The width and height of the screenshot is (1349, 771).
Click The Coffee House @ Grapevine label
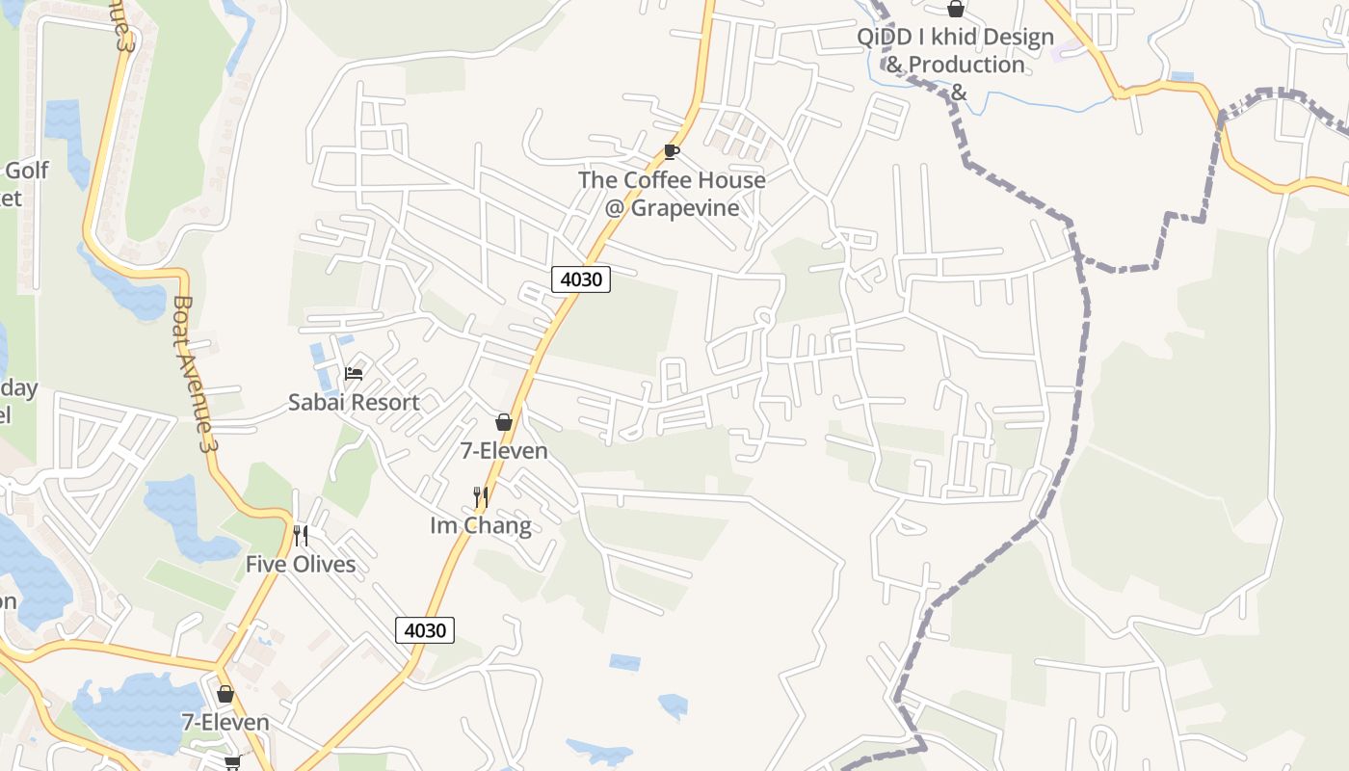(x=672, y=194)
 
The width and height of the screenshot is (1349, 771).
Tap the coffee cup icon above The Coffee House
(x=672, y=151)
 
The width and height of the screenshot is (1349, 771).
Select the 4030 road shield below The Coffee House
(x=581, y=279)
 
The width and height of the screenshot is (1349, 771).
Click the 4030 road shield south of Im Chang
(x=425, y=630)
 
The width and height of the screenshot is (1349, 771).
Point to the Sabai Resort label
(x=354, y=402)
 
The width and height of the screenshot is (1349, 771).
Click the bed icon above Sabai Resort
(x=354, y=374)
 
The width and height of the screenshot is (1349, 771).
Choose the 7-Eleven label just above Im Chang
(x=503, y=450)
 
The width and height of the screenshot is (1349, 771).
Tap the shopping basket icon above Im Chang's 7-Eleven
(x=503, y=422)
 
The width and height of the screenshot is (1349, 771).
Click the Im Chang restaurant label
(x=480, y=525)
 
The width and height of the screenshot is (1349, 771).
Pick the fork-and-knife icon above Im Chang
(x=480, y=497)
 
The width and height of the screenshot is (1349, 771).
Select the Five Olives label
(x=301, y=564)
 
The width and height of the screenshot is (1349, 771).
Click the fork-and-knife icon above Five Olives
(x=301, y=536)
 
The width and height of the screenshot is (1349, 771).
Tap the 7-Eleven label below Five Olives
(x=225, y=722)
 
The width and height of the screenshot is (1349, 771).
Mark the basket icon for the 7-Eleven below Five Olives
(x=225, y=694)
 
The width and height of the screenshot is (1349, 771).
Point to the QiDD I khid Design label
(x=956, y=38)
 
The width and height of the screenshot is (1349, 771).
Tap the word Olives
(x=324, y=564)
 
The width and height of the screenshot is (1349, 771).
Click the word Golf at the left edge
(x=27, y=172)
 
